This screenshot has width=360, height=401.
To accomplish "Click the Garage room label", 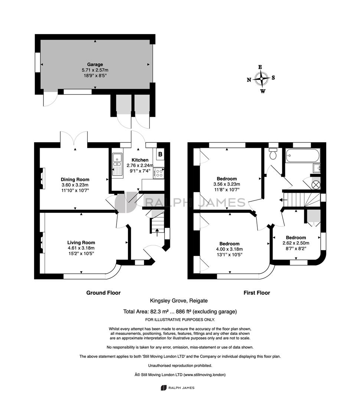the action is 95,65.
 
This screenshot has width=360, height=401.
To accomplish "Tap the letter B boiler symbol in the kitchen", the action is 160,154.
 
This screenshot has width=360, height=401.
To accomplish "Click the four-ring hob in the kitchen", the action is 158,173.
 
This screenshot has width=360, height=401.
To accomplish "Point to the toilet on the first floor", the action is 273,154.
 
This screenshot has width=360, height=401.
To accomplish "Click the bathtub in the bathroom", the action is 302,155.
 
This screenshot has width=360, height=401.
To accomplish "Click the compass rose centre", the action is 261,79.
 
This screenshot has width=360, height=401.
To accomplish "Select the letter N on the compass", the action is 249,80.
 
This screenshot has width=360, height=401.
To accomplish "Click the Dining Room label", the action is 75,180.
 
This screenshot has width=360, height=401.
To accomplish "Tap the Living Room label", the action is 81,242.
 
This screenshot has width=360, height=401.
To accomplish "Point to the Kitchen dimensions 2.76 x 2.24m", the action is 140,166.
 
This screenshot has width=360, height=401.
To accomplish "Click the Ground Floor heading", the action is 103,293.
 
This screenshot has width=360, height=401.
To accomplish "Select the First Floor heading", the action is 257,293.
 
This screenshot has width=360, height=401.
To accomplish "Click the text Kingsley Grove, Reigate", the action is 179,301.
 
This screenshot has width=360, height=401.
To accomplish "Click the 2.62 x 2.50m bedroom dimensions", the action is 296,243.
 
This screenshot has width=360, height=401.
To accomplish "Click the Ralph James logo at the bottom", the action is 177,388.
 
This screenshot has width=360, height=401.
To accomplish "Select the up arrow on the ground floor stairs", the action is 157,231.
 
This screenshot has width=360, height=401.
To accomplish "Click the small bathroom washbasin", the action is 317,168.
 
